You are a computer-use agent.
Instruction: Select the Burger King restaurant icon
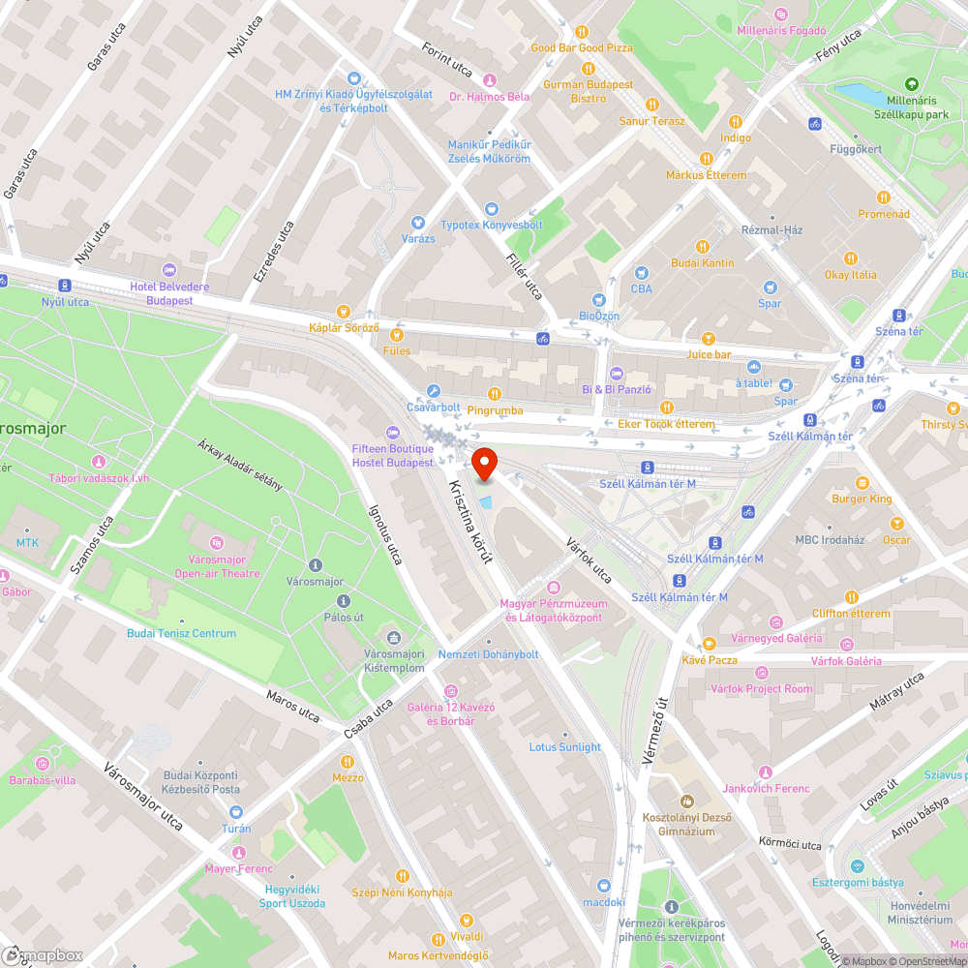click(x=862, y=482)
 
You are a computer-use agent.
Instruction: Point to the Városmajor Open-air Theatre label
click(x=217, y=566)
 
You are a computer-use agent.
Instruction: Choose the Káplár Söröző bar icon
click(x=396, y=334)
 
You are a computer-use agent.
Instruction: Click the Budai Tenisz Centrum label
click(x=181, y=633)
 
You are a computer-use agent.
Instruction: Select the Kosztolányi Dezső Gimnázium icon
click(x=686, y=802)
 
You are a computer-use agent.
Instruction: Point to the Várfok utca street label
click(x=590, y=560)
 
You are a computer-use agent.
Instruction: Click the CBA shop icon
click(x=641, y=274)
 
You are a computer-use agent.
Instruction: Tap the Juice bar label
click(x=709, y=354)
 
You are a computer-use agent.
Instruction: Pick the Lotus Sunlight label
click(x=564, y=746)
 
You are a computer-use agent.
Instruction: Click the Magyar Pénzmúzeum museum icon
click(x=554, y=588)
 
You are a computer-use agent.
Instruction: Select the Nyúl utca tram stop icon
click(x=65, y=286)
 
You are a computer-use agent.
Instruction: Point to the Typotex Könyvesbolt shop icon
click(x=492, y=209)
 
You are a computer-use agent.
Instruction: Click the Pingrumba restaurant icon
click(x=495, y=394)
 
